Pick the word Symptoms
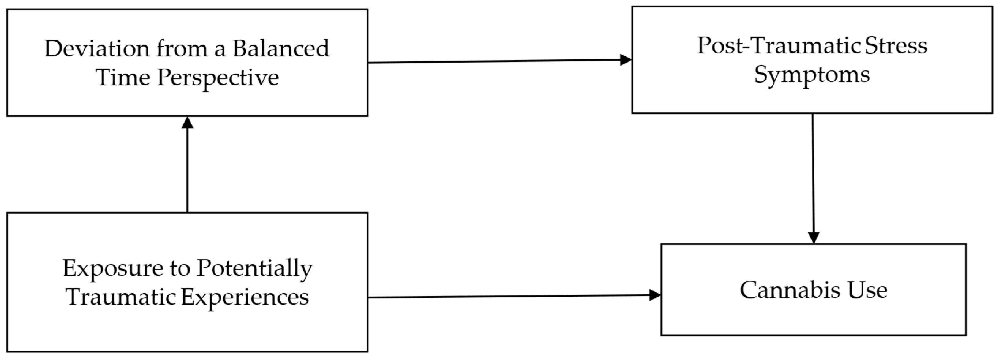[812, 75]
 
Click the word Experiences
[245, 297]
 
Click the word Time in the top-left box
[123, 77]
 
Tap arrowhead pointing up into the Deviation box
[187, 123]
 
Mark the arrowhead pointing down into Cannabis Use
[813, 237]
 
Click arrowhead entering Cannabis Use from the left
[655, 295]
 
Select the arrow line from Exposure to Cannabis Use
[505, 297]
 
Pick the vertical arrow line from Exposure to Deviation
[187, 171]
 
